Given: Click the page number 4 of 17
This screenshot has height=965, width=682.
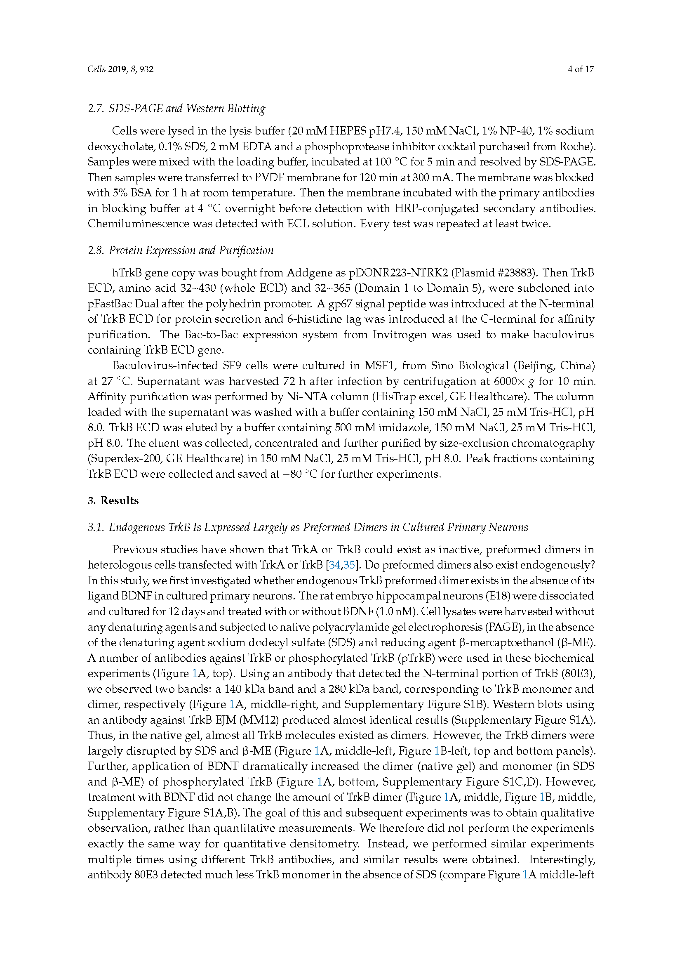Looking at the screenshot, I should click(581, 69).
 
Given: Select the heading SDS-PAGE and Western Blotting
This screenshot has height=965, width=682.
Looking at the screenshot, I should click(187, 109).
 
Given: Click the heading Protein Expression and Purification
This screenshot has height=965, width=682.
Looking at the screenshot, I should click(191, 250).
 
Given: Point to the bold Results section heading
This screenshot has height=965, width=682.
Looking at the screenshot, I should click(119, 500).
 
